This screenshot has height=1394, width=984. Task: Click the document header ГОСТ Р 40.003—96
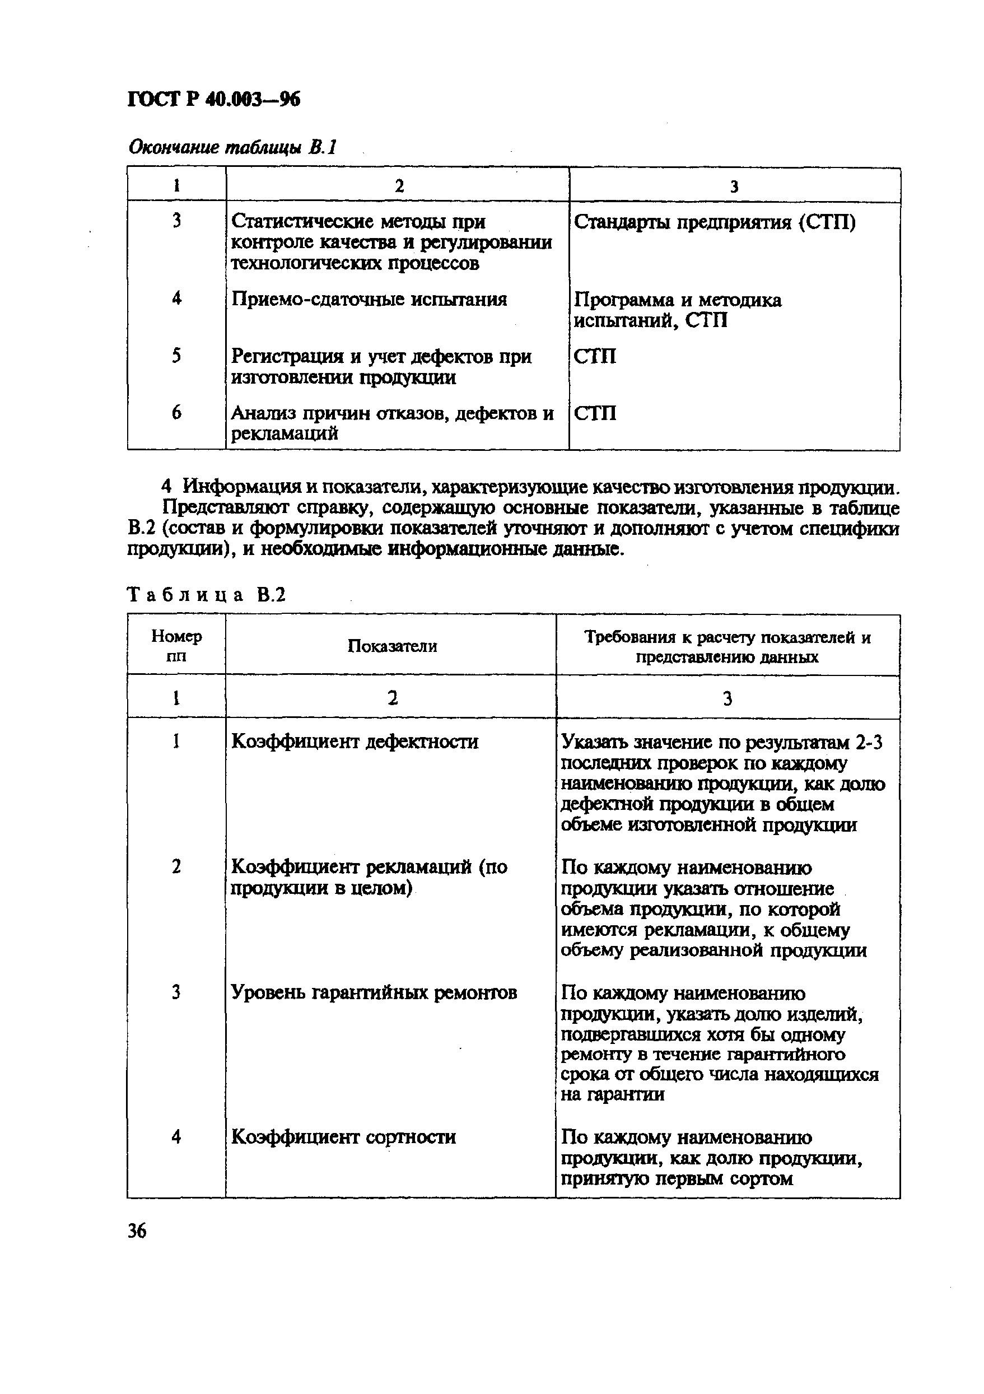[x=214, y=100]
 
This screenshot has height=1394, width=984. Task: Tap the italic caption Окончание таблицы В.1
[x=232, y=147]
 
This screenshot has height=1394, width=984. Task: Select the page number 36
[x=137, y=1230]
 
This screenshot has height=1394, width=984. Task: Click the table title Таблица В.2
[x=206, y=594]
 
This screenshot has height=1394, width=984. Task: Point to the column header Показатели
[x=392, y=646]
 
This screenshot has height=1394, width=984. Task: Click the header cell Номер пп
[x=176, y=646]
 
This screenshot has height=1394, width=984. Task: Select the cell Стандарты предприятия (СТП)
[x=715, y=223]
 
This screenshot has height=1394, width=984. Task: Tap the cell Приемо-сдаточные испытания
[x=369, y=299]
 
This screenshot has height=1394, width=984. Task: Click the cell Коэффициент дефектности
[x=355, y=742]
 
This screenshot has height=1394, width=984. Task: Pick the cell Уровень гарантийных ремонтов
[x=374, y=992]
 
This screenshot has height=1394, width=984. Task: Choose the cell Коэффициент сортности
[x=343, y=1136]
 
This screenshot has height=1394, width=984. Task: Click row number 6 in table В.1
[x=176, y=413]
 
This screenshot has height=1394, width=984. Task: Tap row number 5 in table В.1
[x=176, y=356]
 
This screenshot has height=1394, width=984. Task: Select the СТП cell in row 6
[x=595, y=413]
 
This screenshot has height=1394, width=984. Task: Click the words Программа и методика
[x=678, y=300]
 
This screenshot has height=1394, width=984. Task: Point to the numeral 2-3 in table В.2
[x=869, y=742]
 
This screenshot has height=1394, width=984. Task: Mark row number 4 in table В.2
[x=176, y=1136]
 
